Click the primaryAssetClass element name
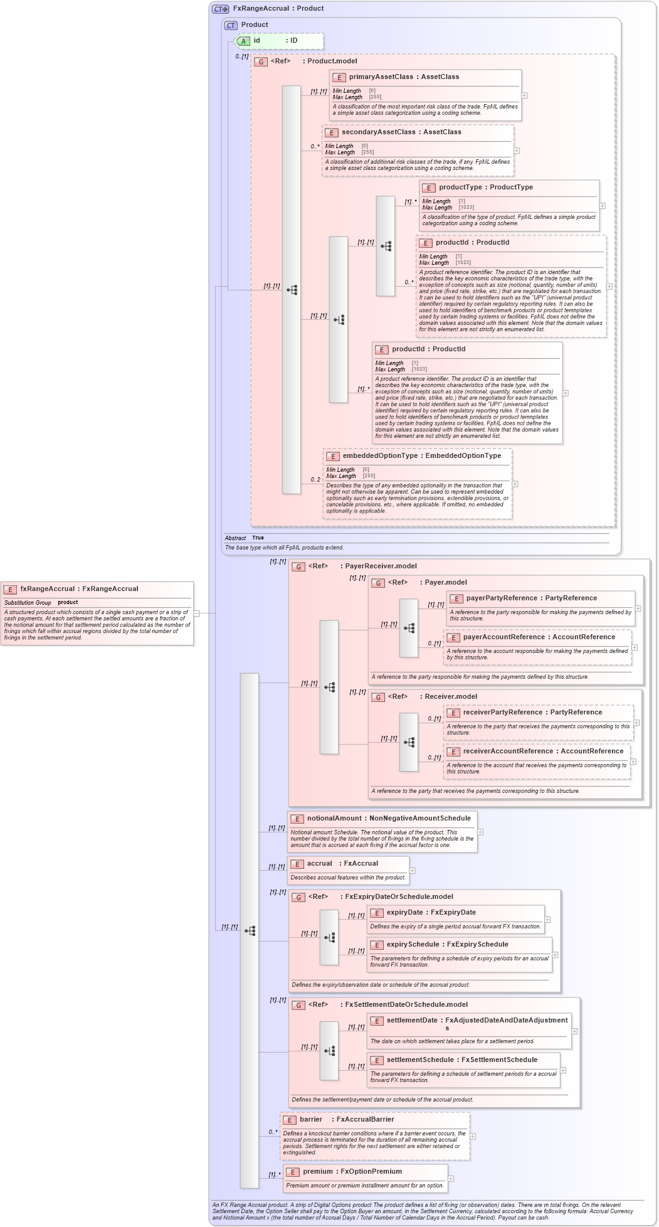pyautogui.click(x=381, y=77)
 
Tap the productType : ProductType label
pyautogui.click(x=485, y=188)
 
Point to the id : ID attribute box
pyautogui.click(x=280, y=41)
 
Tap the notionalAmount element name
pyautogui.click(x=334, y=819)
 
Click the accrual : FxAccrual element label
pyautogui.click(x=342, y=864)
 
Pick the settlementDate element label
pyautogui.click(x=411, y=1021)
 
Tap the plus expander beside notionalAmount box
pyautogui.click(x=480, y=832)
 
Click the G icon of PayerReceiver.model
pyautogui.click(x=298, y=566)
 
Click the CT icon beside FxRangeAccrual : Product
pyautogui.click(x=220, y=9)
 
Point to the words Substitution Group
pyautogui.click(x=28, y=603)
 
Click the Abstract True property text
pyautogui.click(x=245, y=538)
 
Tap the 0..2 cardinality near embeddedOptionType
pyautogui.click(x=315, y=480)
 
